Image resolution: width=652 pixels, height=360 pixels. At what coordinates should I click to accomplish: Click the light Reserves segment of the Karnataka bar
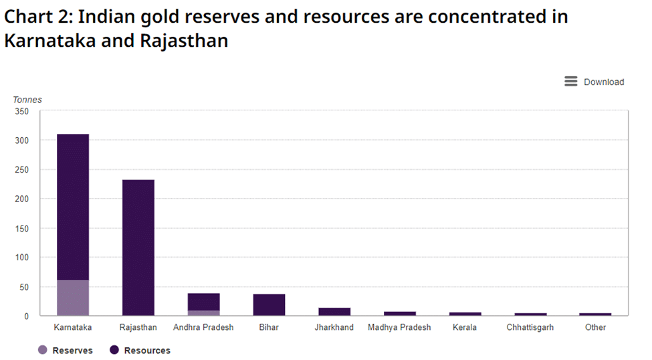click(73, 298)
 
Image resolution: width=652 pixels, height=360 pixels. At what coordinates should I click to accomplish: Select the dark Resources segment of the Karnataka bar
click(73, 207)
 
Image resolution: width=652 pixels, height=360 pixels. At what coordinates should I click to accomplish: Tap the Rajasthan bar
click(138, 247)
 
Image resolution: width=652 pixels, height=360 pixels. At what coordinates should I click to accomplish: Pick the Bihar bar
click(269, 304)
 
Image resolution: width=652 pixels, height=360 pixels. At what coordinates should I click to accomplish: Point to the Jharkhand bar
click(334, 312)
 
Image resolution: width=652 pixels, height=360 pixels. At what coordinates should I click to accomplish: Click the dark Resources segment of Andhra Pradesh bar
click(203, 302)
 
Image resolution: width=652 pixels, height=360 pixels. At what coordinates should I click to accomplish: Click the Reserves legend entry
click(66, 351)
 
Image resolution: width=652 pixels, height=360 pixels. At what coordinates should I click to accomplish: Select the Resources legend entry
click(139, 351)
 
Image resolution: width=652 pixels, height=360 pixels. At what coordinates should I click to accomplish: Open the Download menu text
click(603, 82)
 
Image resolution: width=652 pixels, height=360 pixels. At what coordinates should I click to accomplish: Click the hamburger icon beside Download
click(570, 82)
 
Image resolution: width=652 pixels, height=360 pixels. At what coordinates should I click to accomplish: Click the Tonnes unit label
click(27, 100)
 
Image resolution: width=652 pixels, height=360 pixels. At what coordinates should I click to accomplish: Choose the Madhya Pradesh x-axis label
click(399, 328)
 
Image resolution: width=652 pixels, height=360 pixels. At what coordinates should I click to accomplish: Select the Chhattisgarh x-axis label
click(530, 328)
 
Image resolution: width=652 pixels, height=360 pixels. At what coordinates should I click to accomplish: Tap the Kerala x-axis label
click(465, 328)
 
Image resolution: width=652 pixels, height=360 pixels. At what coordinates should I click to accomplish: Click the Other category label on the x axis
click(595, 328)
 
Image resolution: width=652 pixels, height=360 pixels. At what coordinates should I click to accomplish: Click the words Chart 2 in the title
click(39, 16)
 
